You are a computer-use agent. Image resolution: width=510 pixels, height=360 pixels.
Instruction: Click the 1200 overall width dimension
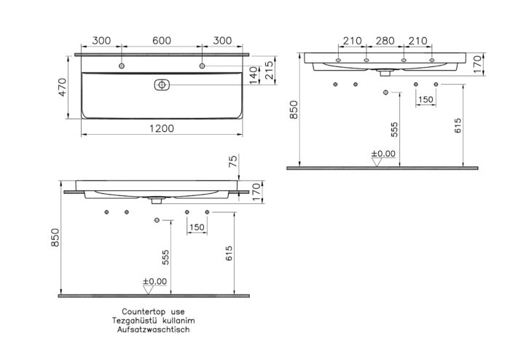coord(162,128)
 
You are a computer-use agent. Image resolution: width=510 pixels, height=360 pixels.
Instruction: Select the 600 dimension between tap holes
coord(162,42)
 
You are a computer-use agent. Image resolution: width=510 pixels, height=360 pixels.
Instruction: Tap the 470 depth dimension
coord(63,89)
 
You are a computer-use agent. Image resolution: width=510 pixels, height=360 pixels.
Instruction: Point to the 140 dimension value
coord(254,74)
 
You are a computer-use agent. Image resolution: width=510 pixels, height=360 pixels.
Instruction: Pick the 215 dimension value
coord(270,70)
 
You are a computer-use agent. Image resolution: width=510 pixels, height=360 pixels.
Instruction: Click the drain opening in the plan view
coord(161,85)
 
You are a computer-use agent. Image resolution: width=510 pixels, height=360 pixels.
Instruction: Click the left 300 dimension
coord(101,42)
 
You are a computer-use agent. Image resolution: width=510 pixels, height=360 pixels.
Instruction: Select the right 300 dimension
coord(223,42)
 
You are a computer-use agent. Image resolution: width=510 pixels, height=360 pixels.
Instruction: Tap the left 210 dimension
coord(353,42)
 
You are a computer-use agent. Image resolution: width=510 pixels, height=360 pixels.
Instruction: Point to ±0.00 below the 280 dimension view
coord(383,154)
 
